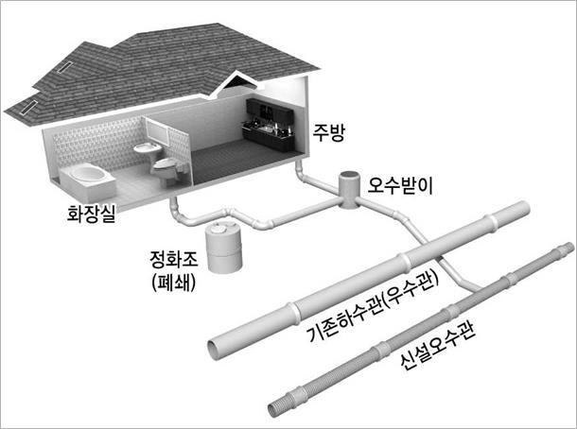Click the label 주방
tap(328, 132)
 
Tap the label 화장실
tap(91, 214)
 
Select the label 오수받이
tap(401, 185)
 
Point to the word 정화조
tap(174, 259)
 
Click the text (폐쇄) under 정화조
tap(173, 283)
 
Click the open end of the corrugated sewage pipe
tap(273, 409)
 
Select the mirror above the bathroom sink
tap(158, 129)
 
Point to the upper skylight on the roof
tap(65, 67)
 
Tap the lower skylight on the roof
tap(28, 108)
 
